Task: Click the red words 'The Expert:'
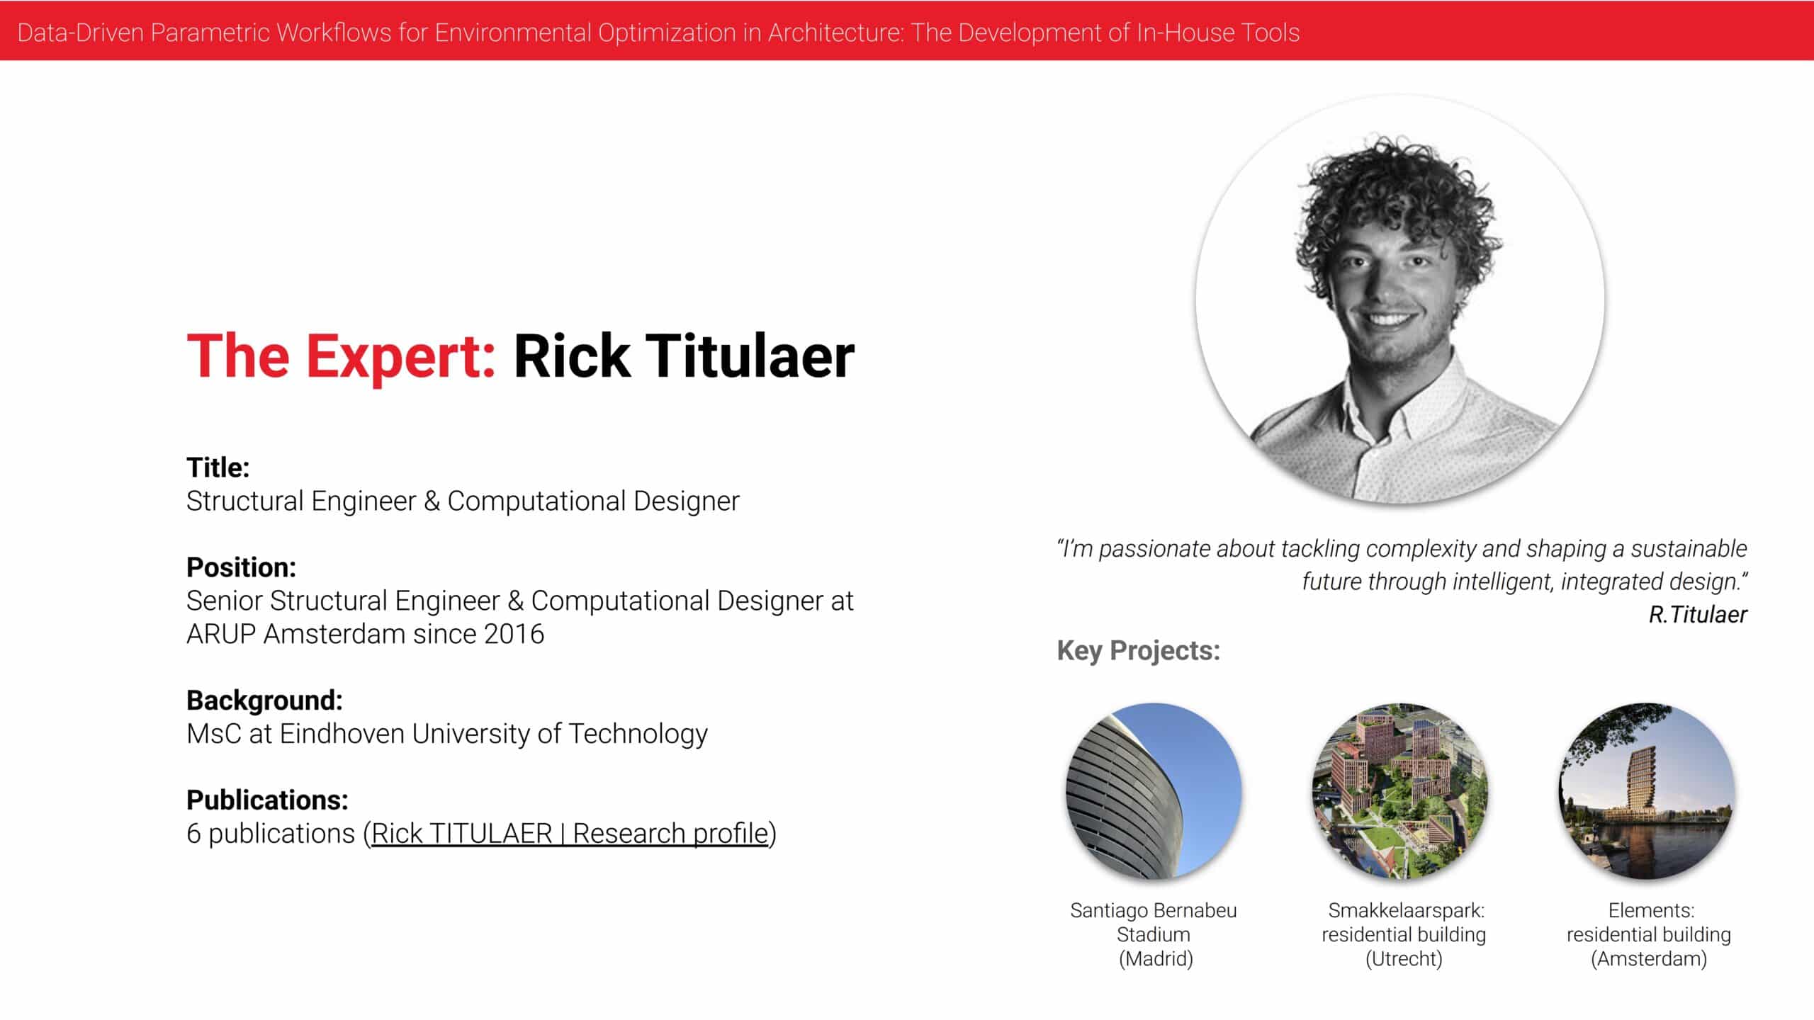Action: [341, 356]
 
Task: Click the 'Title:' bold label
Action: [218, 467]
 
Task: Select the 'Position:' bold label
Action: [241, 567]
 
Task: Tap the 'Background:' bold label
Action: [264, 701]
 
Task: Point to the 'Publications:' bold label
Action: [267, 800]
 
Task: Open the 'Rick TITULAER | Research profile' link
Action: [570, 834]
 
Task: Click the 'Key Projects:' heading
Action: [1138, 650]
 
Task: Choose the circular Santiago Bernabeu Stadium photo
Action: [1154, 791]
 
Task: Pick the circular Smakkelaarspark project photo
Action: [1400, 791]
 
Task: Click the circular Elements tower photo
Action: [1647, 791]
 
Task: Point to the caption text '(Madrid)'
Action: [1156, 959]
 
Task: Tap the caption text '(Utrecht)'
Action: [1404, 959]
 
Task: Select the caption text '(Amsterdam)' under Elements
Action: [1649, 959]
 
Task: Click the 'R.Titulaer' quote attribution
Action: [1698, 614]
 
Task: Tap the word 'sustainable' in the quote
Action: [1689, 548]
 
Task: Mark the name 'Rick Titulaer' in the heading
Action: [684, 356]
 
